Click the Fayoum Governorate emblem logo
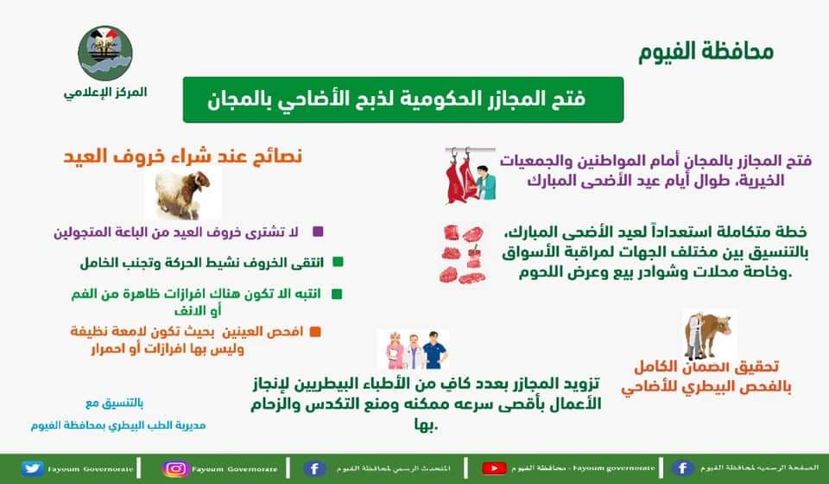(105, 54)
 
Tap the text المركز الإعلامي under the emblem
(105, 92)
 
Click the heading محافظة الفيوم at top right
(706, 51)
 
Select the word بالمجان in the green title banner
(249, 99)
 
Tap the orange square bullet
(315, 332)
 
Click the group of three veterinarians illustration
(413, 348)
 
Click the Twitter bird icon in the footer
(33, 468)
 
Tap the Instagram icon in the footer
(176, 468)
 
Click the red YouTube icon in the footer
(493, 468)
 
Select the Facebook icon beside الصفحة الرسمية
(682, 468)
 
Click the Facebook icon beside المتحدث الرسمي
(316, 468)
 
